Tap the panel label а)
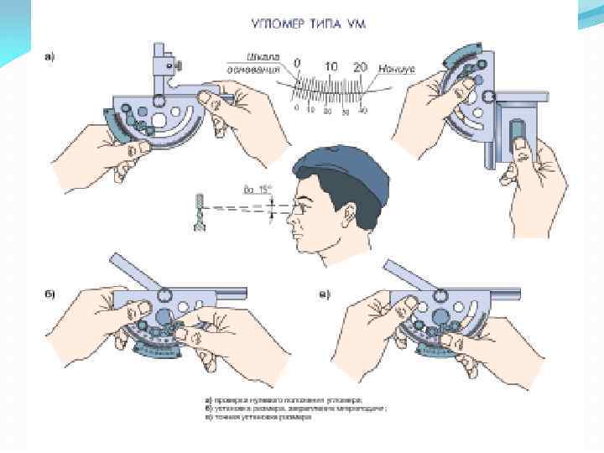pos(51,58)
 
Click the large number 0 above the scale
pos(297,65)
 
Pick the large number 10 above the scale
pos(331,65)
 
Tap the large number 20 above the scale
pos(361,65)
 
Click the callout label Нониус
pos(394,72)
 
